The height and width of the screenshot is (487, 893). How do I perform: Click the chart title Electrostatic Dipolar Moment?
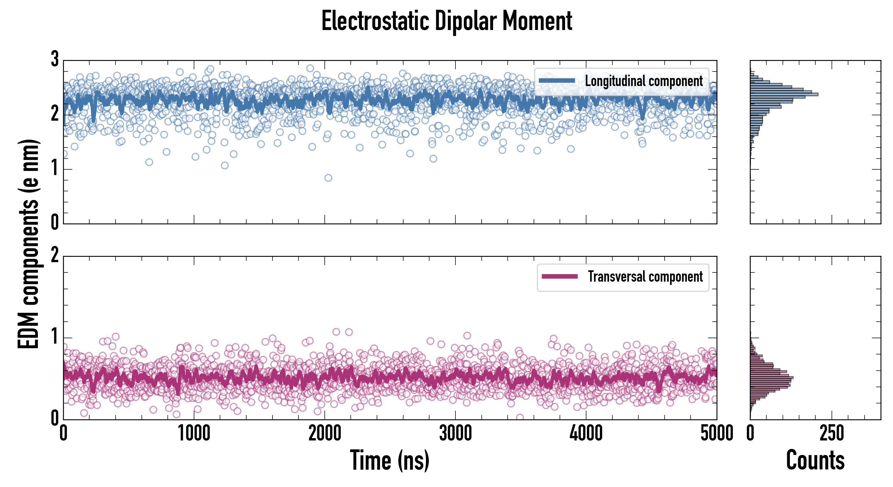tap(447, 21)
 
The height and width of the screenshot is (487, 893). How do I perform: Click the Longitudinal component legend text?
tap(644, 81)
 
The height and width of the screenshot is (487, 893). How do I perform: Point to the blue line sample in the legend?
tap(557, 81)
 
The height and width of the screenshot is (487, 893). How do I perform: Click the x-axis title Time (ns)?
tap(390, 460)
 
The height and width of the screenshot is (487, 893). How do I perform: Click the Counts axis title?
tap(815, 460)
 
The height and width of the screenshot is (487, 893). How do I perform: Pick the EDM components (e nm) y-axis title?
tap(28, 244)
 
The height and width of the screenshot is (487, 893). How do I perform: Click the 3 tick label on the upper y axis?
tap(55, 60)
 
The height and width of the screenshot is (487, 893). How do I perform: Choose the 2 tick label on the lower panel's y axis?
tap(55, 256)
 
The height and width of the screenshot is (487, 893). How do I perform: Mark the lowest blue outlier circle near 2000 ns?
tap(328, 178)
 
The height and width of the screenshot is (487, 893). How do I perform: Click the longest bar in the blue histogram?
tap(784, 94)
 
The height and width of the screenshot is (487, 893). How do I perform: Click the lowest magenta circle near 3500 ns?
tap(520, 417)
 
